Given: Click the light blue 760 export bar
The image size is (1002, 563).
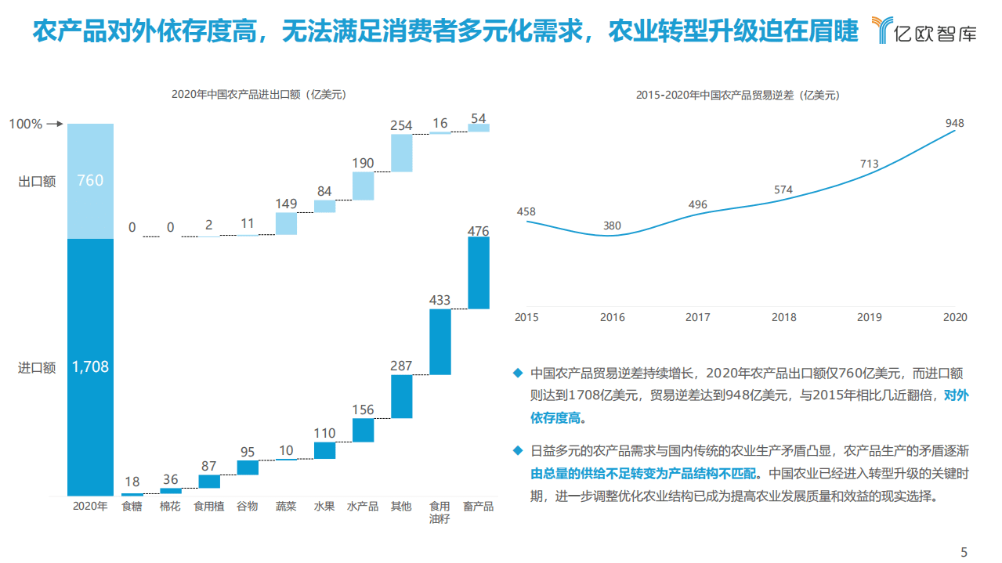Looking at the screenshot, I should tap(90, 181).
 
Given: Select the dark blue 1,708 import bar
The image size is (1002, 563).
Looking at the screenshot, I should tap(90, 366).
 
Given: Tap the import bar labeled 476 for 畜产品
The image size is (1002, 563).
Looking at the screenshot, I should tap(479, 272).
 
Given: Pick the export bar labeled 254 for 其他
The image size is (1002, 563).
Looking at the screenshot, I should tap(401, 153).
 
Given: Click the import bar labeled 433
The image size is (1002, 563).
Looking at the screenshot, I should tap(440, 341).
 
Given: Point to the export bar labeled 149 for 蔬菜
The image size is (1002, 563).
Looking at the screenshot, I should tap(286, 223).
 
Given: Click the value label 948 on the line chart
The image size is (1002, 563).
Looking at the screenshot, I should tap(954, 123).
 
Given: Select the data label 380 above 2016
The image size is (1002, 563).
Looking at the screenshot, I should tap(612, 226).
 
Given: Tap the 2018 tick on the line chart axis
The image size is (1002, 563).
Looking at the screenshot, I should tap(783, 317).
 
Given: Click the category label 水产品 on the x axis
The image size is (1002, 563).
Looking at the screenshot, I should tap(363, 507).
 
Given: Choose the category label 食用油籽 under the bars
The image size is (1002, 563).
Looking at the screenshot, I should tap(440, 512).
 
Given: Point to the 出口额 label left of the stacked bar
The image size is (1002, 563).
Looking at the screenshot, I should tap(37, 181).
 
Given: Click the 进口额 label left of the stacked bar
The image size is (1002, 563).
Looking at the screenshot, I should tap(37, 367).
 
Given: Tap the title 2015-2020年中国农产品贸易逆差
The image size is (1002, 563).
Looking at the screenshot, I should tap(736, 96).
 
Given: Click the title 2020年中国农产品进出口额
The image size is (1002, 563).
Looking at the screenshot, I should tap(259, 96).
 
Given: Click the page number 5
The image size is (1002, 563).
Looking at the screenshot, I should tap(964, 552).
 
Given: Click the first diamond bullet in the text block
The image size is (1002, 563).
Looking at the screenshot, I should tap(517, 373).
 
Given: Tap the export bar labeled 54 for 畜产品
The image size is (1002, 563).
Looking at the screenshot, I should tap(479, 128).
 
